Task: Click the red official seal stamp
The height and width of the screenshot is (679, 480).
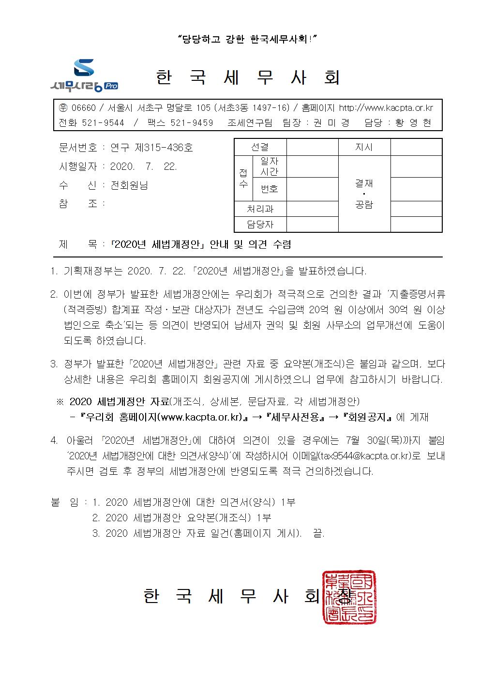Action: coord(349,596)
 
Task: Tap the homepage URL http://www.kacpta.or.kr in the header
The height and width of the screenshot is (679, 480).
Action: coord(386,108)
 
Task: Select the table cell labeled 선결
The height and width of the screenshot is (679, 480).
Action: coord(260,147)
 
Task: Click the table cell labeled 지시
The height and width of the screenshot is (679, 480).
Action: coord(364,147)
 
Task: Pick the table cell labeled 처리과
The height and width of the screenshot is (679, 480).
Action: coord(260,209)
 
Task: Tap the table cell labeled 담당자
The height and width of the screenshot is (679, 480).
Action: coord(260,224)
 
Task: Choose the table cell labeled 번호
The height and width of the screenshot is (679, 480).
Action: coord(269,189)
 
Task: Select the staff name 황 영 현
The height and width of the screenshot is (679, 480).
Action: coord(413,123)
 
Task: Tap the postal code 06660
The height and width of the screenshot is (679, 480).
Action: coord(83,108)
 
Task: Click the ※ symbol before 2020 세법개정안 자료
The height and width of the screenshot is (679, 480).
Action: coord(60,402)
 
